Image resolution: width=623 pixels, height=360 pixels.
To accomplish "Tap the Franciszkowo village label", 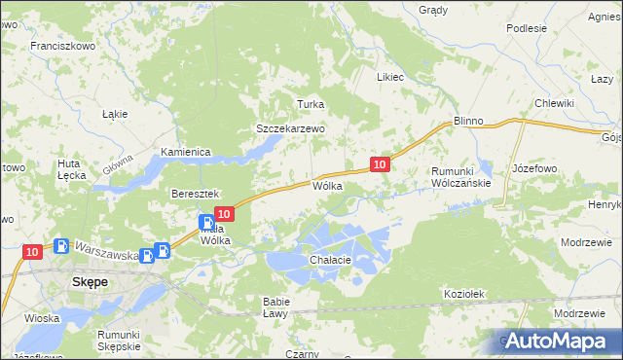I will pos(60,46).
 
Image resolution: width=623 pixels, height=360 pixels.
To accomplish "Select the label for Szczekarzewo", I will pos(289,127).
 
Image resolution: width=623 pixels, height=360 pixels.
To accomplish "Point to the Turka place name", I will pos(310,104).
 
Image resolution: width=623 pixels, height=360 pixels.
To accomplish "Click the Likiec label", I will pos(390,76).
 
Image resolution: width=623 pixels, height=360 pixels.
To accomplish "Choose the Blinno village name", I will pos(468,121).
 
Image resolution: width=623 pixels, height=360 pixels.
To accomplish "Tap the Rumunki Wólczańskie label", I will pos(466,175).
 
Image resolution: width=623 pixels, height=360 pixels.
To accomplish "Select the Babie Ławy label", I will pos(275,306).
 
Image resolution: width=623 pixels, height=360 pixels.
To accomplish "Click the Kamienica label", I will pos(186,152).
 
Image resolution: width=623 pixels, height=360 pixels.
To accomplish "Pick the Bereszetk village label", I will pos(198,194).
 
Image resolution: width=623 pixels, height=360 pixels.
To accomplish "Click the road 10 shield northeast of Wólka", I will pos(381,164).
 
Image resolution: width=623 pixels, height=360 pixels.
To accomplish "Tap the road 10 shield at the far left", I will pos(31,252).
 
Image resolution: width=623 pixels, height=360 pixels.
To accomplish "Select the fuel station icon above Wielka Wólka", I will pos(206,222).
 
